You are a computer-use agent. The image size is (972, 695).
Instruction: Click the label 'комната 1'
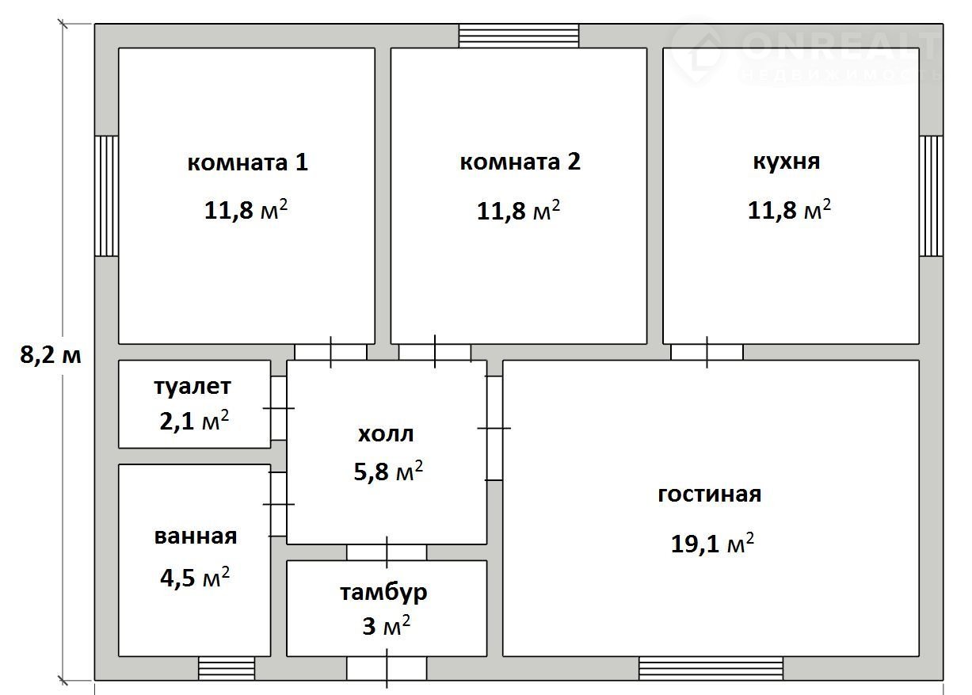click(x=248, y=162)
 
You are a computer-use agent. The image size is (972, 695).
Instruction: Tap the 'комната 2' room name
click(x=520, y=162)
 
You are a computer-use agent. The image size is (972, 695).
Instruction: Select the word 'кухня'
click(x=787, y=162)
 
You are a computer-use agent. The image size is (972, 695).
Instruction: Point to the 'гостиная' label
click(x=710, y=495)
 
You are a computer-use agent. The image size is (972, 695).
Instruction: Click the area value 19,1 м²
click(x=712, y=543)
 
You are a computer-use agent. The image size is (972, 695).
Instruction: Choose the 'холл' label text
click(x=386, y=434)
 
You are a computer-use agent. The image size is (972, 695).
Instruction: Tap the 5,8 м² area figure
click(x=388, y=472)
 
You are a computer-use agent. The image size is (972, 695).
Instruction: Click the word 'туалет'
click(x=192, y=388)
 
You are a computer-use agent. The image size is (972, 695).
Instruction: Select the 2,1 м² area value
click(x=194, y=420)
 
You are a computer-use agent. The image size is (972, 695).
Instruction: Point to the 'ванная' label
click(x=196, y=537)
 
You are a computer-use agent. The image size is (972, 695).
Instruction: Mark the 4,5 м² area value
click(x=195, y=577)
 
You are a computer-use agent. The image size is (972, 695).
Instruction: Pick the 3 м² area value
click(x=387, y=625)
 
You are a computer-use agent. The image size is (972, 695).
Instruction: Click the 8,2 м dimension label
click(x=51, y=355)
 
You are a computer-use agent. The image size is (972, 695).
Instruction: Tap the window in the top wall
click(x=519, y=36)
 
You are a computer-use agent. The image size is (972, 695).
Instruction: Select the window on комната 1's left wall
click(x=106, y=196)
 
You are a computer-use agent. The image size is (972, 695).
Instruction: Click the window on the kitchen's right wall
click(x=931, y=196)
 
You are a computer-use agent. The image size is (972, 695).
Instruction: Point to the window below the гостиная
click(x=711, y=668)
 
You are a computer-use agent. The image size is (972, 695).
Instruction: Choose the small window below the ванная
click(x=227, y=668)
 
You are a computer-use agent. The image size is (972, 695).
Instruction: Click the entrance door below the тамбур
click(x=387, y=669)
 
